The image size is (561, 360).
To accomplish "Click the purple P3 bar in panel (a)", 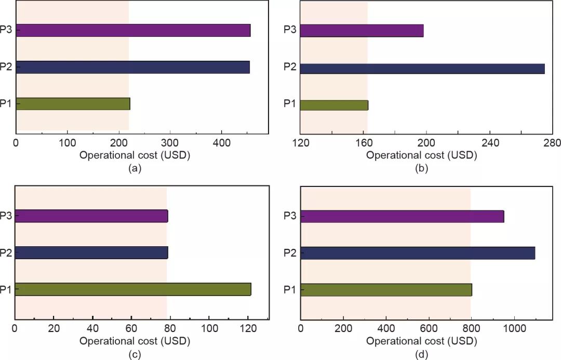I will coord(133,30).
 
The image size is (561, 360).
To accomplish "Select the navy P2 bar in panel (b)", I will coord(422,69).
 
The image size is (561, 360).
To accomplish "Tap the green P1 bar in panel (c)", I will coord(132,289).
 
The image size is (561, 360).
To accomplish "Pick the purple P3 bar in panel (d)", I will coord(402,216).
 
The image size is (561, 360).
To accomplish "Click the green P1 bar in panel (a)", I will coord(73,104).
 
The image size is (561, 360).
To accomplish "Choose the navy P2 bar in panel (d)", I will coord(418,253).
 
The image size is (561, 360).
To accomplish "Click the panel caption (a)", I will coord(135,168).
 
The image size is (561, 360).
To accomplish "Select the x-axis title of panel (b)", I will coord(421,155).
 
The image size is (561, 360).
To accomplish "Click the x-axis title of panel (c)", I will coord(135,341).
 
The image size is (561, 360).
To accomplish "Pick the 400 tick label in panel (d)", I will coord(386,329).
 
